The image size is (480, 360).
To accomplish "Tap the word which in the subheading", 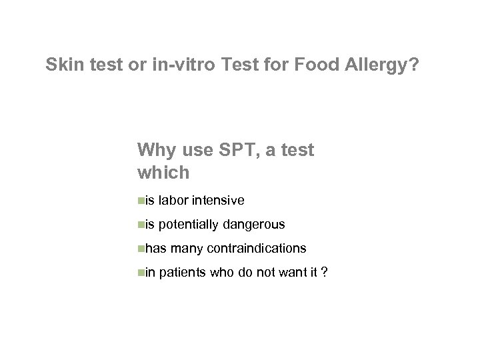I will point(163,173).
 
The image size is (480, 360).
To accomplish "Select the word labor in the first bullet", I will point(173,201).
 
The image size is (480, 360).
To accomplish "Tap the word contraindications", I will point(257,249).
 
